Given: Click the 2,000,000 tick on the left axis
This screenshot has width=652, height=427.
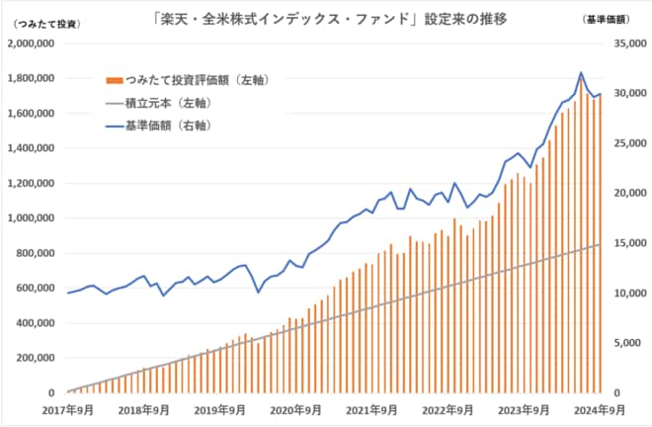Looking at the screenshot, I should (33, 44).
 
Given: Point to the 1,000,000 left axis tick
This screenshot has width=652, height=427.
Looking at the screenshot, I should (33, 218).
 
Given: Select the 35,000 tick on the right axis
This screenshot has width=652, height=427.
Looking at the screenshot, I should (628, 44).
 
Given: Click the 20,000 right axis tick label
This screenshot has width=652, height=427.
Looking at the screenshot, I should (628, 194).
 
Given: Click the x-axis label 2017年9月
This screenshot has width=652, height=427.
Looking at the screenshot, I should (67, 408).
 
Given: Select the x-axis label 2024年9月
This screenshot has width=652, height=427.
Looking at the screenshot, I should (600, 408).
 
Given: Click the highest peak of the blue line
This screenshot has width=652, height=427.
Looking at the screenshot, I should (581, 72).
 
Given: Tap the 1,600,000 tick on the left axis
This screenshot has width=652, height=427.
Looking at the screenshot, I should (33, 114).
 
